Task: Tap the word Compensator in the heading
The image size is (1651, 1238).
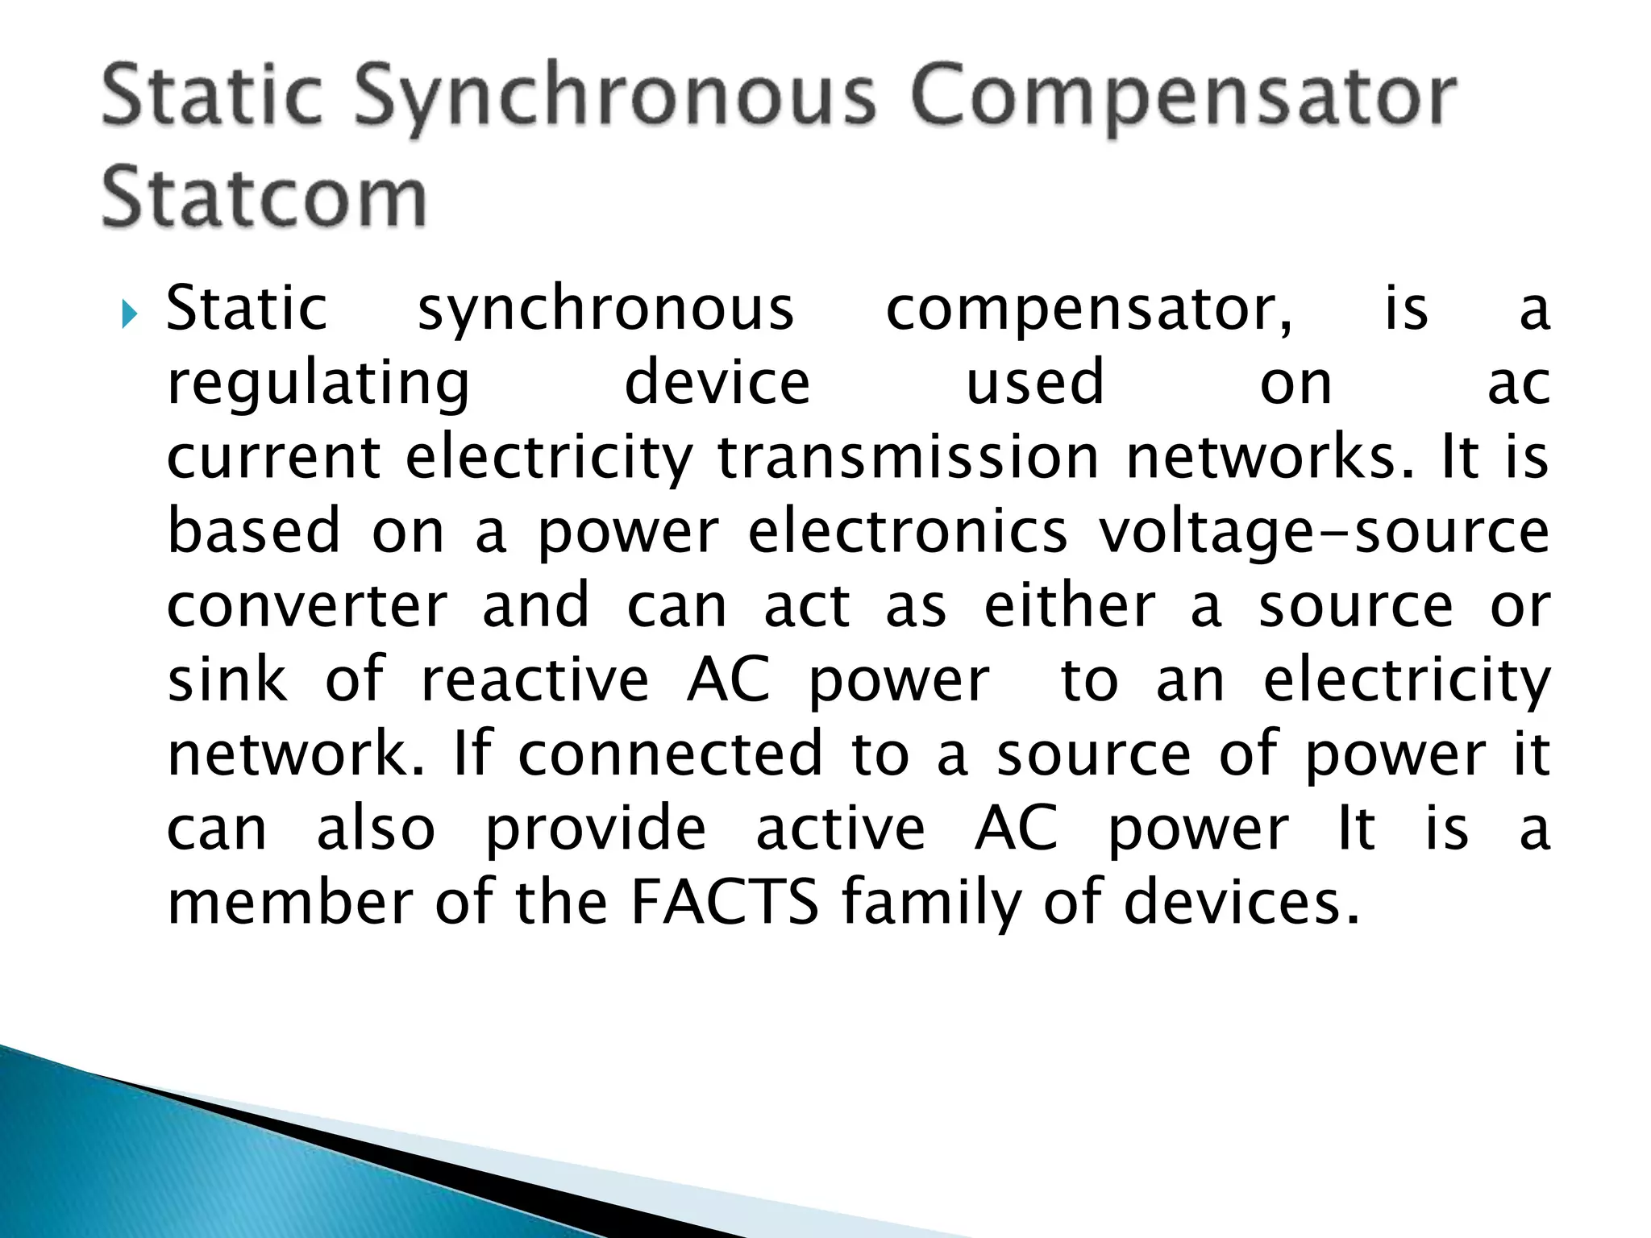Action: (x=1183, y=98)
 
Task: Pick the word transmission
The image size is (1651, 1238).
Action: (x=909, y=457)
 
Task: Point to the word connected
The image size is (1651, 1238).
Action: (x=670, y=754)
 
